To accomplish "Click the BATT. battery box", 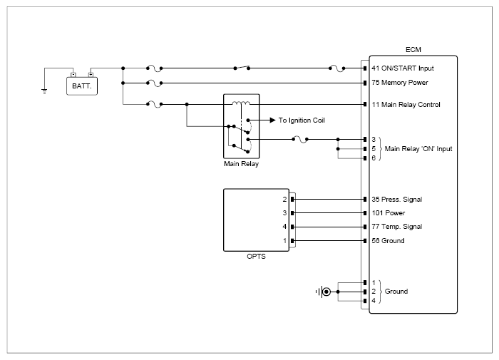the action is click(82, 86).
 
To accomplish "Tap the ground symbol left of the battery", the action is click(44, 91).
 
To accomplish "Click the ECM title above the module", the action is click(413, 50).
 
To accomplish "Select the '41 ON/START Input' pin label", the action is click(403, 68).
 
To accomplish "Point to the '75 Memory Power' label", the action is click(400, 83).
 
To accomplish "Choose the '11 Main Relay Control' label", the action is click(406, 104).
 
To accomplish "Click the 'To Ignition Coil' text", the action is click(302, 120).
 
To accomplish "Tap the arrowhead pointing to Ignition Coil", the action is click(272, 120).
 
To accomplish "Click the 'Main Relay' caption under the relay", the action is click(241, 164).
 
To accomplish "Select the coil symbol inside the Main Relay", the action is click(241, 103).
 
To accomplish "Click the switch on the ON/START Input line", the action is click(242, 68).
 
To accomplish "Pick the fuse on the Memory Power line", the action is click(155, 83).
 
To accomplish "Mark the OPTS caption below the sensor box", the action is click(256, 256).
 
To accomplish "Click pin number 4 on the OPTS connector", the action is click(284, 226).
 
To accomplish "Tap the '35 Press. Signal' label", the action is click(397, 200).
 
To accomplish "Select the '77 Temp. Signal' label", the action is click(397, 226).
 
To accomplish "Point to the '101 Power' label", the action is click(389, 212).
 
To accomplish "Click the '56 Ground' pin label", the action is click(388, 241).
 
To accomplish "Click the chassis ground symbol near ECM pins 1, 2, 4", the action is click(324, 292).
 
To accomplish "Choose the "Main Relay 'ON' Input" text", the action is click(418, 149).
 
